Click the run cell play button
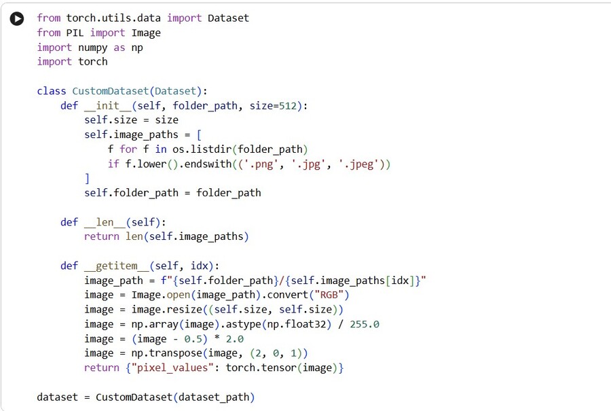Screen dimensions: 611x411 coord(17,18)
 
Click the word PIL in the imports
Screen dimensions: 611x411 coord(75,33)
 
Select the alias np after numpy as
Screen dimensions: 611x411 coord(136,48)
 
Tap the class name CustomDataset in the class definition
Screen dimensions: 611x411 coord(110,91)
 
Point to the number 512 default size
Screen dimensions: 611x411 coord(288,106)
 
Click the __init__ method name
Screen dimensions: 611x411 coord(108,106)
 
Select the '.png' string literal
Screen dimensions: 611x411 coord(261,164)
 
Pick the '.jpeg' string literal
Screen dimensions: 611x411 coord(356,164)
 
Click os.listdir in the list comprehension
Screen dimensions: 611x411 coord(202,149)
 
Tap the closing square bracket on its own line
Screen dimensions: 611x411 coord(87,179)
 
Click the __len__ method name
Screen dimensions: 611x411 coord(105,222)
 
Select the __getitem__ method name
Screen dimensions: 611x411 coord(117,266)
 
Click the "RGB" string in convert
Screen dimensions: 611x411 coord(329,295)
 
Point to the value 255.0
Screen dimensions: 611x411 coord(365,325)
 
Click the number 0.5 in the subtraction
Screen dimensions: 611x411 coord(193,339)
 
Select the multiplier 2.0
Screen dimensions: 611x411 coord(235,339)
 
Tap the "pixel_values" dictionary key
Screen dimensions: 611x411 coord(172,368)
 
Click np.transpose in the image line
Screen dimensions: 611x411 coord(167,353)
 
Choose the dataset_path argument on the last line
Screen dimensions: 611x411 coord(214,397)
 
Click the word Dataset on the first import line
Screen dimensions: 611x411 coord(228,18)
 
